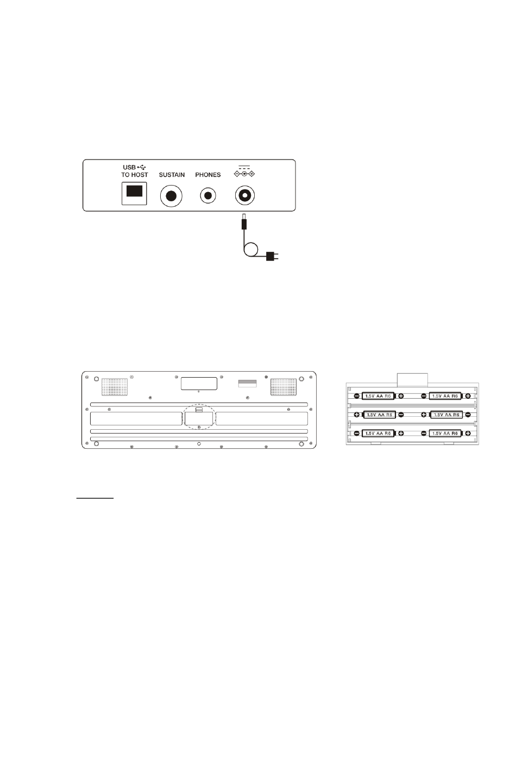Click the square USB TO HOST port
pos(134,193)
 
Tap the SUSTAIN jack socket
pos(171,196)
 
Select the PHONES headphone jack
pos(208,195)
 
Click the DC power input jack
pos(244,195)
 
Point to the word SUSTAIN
pos(172,175)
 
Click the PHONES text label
pos(207,175)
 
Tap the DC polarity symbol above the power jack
pos(244,172)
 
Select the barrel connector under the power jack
pos(243,221)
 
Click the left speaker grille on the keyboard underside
pos(115,387)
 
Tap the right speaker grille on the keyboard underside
pos(283,387)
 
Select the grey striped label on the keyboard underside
pos(248,383)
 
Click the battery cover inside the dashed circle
pos(199,418)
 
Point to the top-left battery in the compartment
pos(378,396)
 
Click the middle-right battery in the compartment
pos(446,415)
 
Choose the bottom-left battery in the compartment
pos(378,433)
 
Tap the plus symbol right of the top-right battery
pos(468,396)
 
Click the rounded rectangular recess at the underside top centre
pos(199,384)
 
